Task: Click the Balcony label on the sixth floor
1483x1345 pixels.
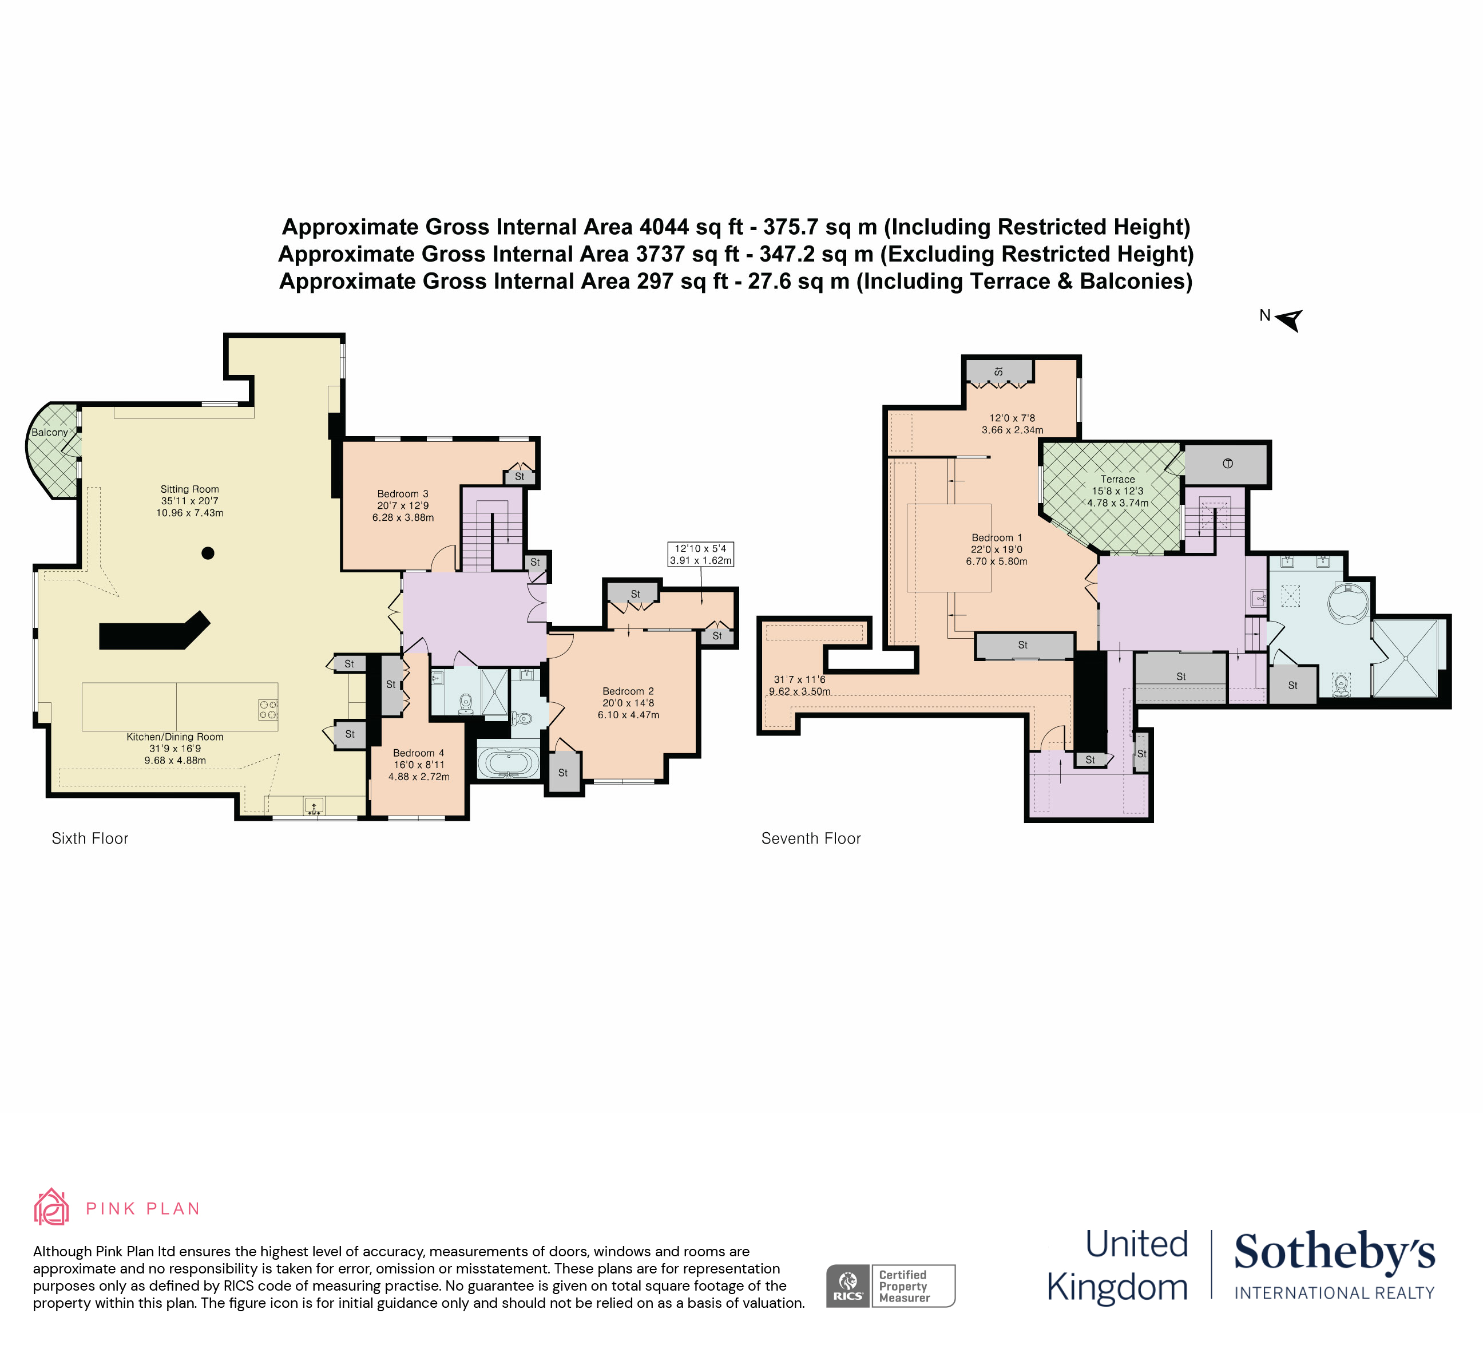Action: (49, 433)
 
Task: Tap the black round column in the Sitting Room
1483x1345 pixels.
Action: (208, 553)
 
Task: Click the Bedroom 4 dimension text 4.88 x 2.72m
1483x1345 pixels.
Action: (419, 777)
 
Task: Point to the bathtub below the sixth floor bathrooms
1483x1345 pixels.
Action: (507, 763)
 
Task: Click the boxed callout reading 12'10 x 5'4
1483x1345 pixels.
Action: (700, 554)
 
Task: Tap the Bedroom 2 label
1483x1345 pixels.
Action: (628, 691)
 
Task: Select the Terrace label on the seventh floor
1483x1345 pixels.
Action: (1117, 479)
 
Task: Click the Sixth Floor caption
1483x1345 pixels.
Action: (90, 839)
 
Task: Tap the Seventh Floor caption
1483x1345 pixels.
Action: (811, 839)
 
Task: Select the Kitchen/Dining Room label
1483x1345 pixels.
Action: (175, 737)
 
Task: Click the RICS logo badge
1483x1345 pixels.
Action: (848, 1286)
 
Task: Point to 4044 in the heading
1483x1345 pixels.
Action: (664, 227)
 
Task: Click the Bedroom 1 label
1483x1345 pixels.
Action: (997, 538)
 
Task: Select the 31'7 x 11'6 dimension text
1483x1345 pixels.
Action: (800, 679)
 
